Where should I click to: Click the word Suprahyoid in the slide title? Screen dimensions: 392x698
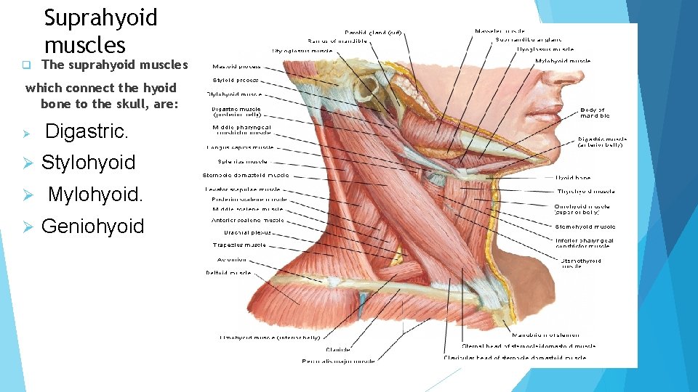(100, 17)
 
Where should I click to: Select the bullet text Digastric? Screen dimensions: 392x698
(87, 132)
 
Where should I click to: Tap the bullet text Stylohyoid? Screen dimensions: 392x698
(88, 163)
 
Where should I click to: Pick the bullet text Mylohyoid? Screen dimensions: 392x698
(95, 195)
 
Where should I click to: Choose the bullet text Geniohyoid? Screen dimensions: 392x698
(92, 226)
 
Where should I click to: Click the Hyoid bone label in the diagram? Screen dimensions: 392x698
(573, 177)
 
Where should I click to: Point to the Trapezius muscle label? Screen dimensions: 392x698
(239, 245)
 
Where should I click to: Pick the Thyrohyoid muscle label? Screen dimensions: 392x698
(585, 192)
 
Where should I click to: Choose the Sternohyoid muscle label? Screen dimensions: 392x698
(585, 226)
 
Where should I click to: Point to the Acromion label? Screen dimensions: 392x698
(231, 259)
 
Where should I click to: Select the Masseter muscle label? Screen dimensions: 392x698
(500, 31)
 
